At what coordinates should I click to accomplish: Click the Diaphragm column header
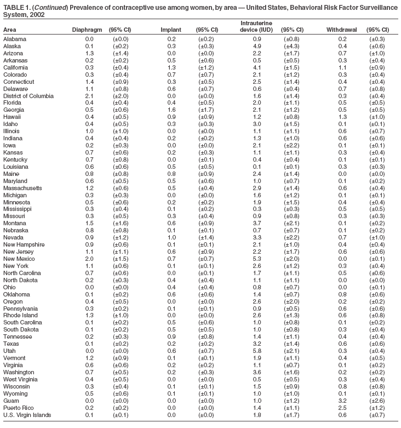click(x=85, y=30)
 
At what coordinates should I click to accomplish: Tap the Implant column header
click(x=170, y=30)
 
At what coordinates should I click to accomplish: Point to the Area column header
click(x=10, y=30)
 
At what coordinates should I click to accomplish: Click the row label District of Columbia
click(x=28, y=96)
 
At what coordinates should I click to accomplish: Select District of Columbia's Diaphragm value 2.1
click(x=89, y=96)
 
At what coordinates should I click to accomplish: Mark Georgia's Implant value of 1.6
click(x=171, y=109)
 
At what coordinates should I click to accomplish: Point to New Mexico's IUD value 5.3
click(x=257, y=273)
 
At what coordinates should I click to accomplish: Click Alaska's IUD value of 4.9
click(x=257, y=46)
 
